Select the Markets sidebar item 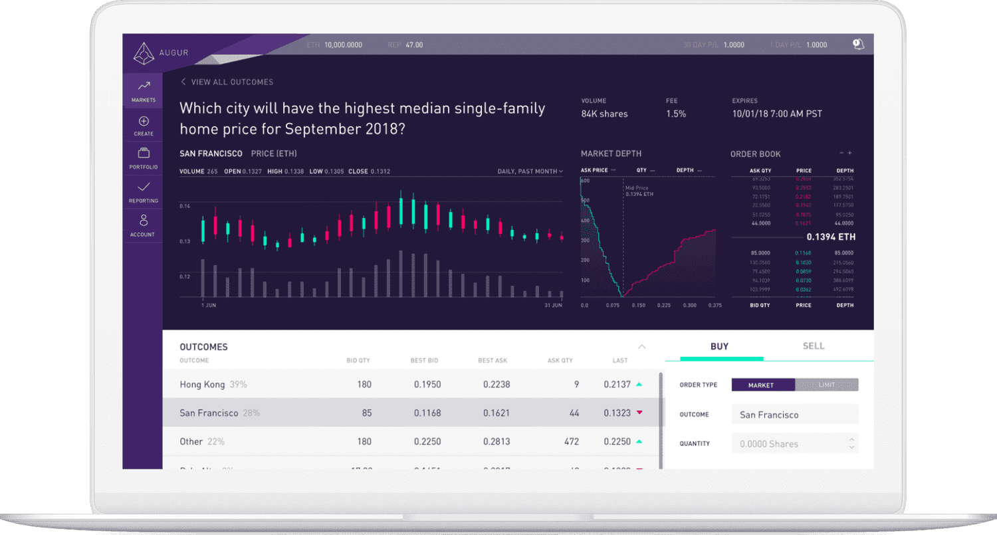point(144,91)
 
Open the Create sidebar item point(144,126)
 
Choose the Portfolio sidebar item point(144,159)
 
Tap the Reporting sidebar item point(144,193)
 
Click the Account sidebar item point(144,226)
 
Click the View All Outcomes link point(227,82)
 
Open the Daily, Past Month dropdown point(530,171)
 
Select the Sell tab point(813,346)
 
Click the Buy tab point(719,346)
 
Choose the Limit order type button point(826,385)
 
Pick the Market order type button point(762,385)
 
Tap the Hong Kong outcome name point(202,384)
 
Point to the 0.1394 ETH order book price point(830,237)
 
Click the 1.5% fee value point(675,114)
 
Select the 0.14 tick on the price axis point(185,207)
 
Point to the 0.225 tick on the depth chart point(663,306)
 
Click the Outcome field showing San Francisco point(794,415)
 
